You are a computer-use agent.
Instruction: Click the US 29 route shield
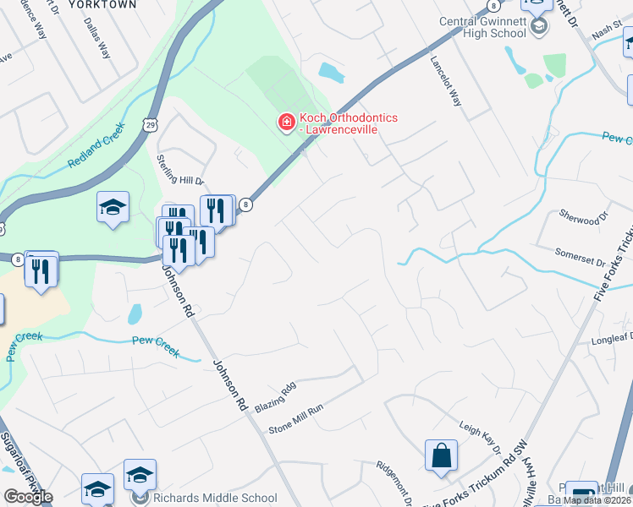click(149, 125)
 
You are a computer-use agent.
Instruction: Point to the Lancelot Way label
click(446, 80)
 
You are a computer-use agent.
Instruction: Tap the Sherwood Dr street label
click(584, 215)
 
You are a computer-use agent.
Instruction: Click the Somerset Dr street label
click(581, 253)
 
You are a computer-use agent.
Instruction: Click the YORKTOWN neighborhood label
click(102, 4)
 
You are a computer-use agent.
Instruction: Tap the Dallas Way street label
click(98, 39)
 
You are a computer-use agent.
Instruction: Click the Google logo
click(28, 497)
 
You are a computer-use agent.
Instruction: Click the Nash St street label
click(606, 31)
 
